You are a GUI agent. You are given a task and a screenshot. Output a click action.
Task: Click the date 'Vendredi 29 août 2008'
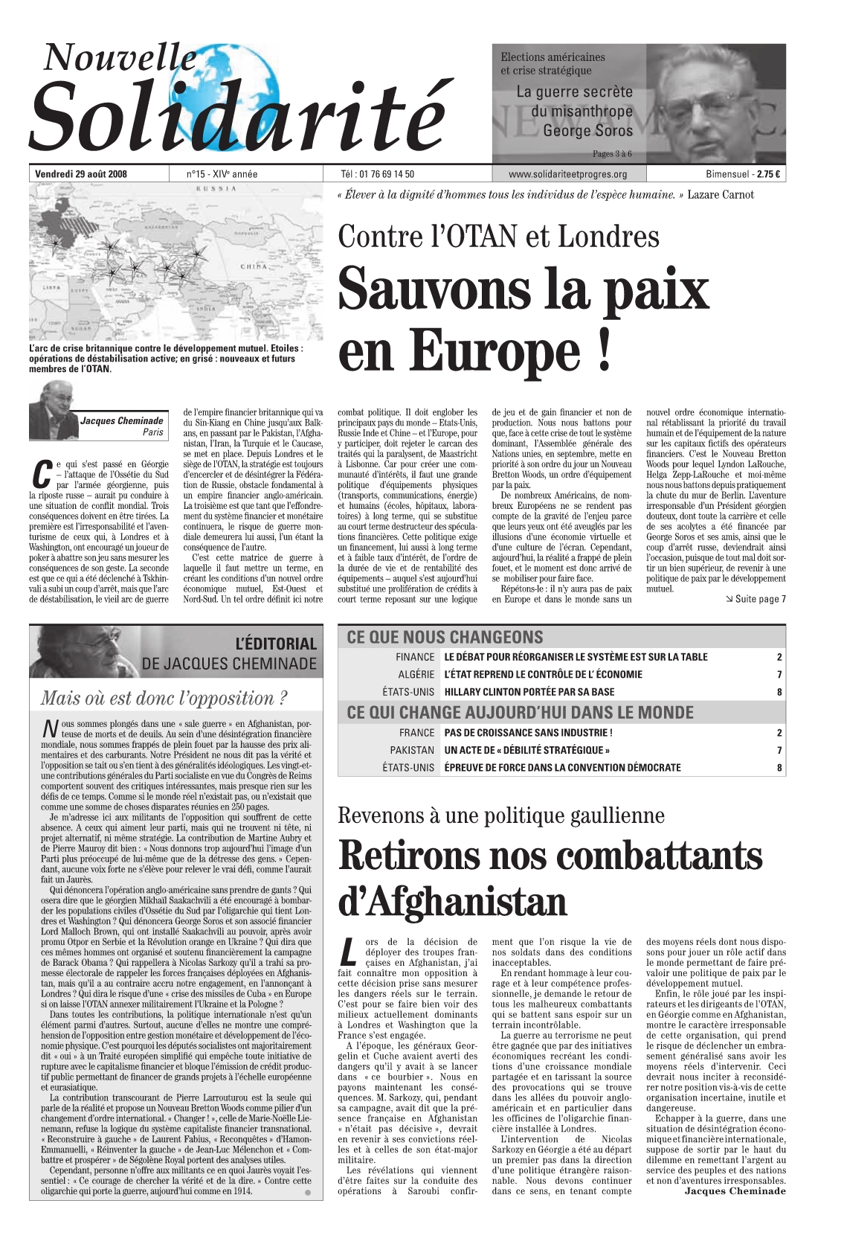[81, 175]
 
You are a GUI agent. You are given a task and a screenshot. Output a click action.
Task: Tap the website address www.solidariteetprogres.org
[567, 175]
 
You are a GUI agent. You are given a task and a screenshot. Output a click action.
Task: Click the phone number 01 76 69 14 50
[387, 175]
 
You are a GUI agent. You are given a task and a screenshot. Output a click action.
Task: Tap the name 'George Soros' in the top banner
[587, 131]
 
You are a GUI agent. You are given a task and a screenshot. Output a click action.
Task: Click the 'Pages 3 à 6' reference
[611, 154]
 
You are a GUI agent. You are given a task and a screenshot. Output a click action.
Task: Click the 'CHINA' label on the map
[253, 266]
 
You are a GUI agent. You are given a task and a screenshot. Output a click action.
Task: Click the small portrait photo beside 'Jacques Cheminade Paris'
[54, 411]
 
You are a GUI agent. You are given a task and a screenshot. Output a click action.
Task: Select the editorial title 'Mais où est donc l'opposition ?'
[164, 698]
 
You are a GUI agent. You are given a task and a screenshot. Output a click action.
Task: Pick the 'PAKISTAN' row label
[412, 750]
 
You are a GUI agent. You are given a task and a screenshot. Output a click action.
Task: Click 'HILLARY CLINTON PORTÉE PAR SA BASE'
[529, 692]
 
